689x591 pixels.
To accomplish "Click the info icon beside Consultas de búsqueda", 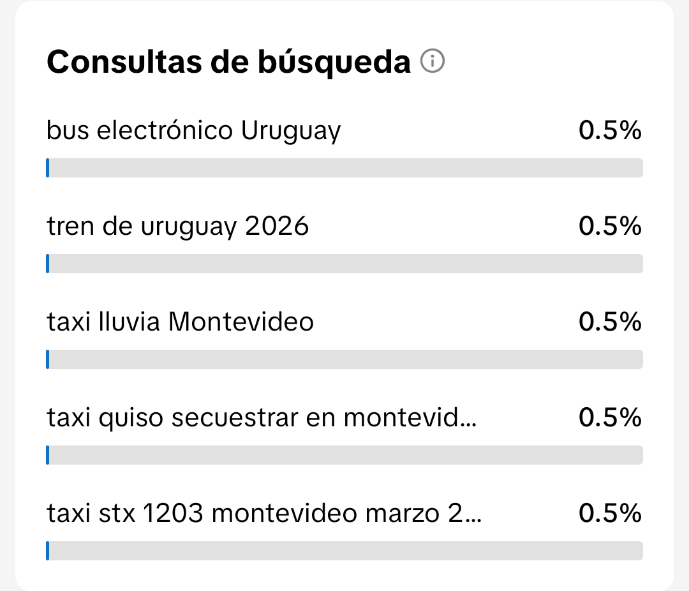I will pos(433,62).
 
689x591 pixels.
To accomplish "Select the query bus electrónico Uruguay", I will pos(194,131).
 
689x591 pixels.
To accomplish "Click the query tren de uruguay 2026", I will pos(178,227).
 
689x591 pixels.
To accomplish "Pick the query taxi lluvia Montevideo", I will pos(181,322).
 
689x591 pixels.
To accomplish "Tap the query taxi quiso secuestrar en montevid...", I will pos(262,418).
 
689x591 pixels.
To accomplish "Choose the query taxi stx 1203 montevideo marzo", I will pos(264,514).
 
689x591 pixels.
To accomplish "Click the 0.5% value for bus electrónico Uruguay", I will pos(609,131).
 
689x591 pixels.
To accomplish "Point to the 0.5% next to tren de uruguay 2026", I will pos(609,227).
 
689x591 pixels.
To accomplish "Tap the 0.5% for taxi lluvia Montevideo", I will pos(609,322).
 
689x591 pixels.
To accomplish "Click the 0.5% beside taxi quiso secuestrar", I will pos(609,418).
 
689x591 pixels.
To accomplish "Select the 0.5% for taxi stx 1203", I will pos(609,514).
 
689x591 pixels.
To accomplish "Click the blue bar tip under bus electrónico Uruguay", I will pos(47,168).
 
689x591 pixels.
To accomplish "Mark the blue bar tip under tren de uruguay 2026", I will pos(47,264).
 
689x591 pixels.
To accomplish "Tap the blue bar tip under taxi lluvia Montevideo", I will pos(47,359).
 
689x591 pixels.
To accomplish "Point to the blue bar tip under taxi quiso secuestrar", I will pos(47,455).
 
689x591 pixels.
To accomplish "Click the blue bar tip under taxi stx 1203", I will pos(47,551).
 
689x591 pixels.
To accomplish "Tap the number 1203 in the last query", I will pos(172,514).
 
